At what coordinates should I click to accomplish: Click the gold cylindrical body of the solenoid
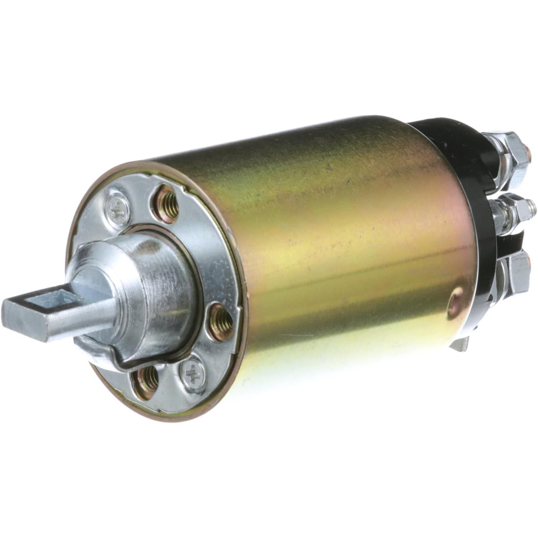coord(341,251)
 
